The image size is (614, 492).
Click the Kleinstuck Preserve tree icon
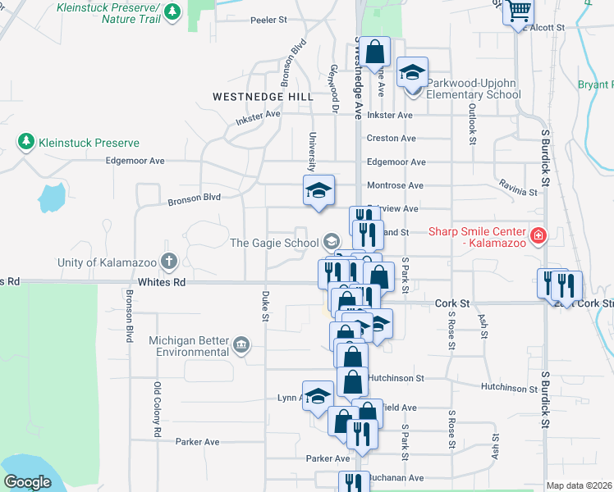25,143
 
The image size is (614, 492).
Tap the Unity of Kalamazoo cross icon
169,262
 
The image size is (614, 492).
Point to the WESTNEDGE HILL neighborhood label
263,97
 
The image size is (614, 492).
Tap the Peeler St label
269,19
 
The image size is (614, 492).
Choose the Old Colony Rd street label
156,408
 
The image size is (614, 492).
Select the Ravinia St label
520,192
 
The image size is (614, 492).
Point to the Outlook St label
472,124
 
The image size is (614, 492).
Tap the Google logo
27,482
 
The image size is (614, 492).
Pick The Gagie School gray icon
332,241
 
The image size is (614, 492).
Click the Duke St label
265,306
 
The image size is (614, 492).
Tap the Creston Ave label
392,139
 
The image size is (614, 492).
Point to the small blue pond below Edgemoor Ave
51,197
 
